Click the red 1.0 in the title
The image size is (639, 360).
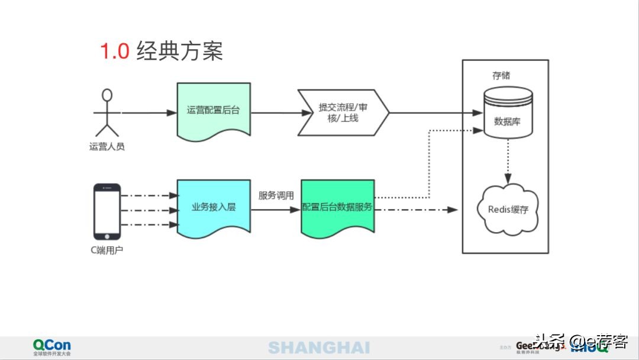click(x=114, y=52)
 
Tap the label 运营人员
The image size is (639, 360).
click(x=107, y=146)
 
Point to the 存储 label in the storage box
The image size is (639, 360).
click(x=501, y=76)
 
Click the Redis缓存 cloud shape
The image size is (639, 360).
click(x=508, y=210)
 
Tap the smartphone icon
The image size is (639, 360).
click(x=107, y=211)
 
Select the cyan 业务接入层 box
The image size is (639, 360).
click(x=214, y=208)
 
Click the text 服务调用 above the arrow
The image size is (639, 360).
click(x=276, y=195)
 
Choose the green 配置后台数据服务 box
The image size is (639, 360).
click(x=337, y=208)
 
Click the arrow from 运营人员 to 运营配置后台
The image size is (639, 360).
click(x=148, y=112)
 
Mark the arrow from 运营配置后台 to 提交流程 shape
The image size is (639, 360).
click(x=273, y=112)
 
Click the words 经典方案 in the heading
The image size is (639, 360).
click(x=179, y=52)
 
